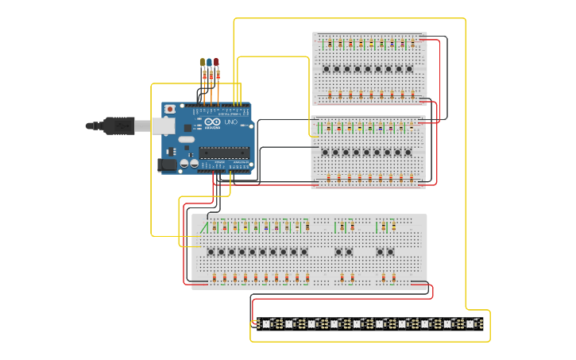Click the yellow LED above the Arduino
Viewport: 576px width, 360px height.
[x=203, y=62]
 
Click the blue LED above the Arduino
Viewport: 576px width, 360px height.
[x=209, y=62]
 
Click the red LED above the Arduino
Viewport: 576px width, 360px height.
[x=215, y=62]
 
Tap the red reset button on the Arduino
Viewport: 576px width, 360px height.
[x=169, y=109]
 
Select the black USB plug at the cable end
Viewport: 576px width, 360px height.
[x=118, y=126]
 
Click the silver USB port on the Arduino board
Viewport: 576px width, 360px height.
[x=163, y=126]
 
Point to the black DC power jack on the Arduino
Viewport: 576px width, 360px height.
[x=167, y=165]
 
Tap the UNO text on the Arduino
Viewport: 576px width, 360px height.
[x=230, y=123]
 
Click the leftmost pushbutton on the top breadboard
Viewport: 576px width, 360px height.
[x=327, y=69]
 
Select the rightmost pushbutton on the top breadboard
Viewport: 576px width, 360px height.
[x=409, y=69]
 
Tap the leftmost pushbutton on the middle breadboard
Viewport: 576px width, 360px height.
[x=325, y=152]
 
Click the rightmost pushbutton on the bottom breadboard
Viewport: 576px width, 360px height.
[x=389, y=252]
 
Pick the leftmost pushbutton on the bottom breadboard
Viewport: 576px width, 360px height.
[x=211, y=252]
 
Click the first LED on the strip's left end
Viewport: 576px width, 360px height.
[x=267, y=323]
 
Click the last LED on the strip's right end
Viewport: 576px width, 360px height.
[x=470, y=323]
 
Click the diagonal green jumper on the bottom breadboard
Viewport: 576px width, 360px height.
[x=204, y=227]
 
